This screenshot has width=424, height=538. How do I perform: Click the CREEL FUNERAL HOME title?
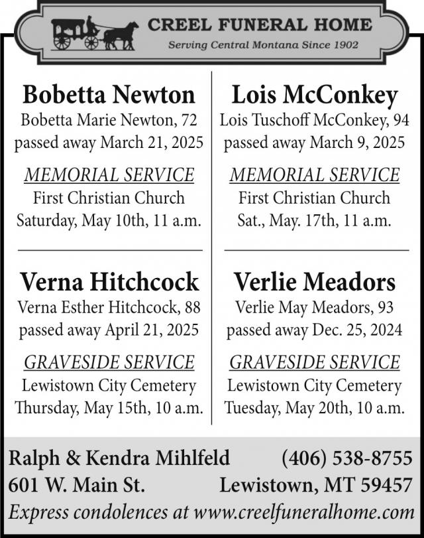coord(260,25)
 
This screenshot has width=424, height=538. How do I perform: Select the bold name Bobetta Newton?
coord(109,95)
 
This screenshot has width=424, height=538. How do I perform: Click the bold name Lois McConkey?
coord(315,95)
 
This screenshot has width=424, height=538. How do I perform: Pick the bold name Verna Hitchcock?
coord(109,282)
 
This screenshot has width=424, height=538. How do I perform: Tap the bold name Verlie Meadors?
coord(315,282)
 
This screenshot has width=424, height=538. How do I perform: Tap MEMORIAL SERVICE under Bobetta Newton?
coord(109,175)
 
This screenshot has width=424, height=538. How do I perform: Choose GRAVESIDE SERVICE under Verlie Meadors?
coord(315,362)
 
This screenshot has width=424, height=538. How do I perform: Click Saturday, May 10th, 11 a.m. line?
coord(109,220)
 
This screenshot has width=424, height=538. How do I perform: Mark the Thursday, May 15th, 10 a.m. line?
coord(109,407)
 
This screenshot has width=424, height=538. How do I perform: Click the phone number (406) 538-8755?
coord(347,458)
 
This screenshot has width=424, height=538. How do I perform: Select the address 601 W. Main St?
coord(76,486)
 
